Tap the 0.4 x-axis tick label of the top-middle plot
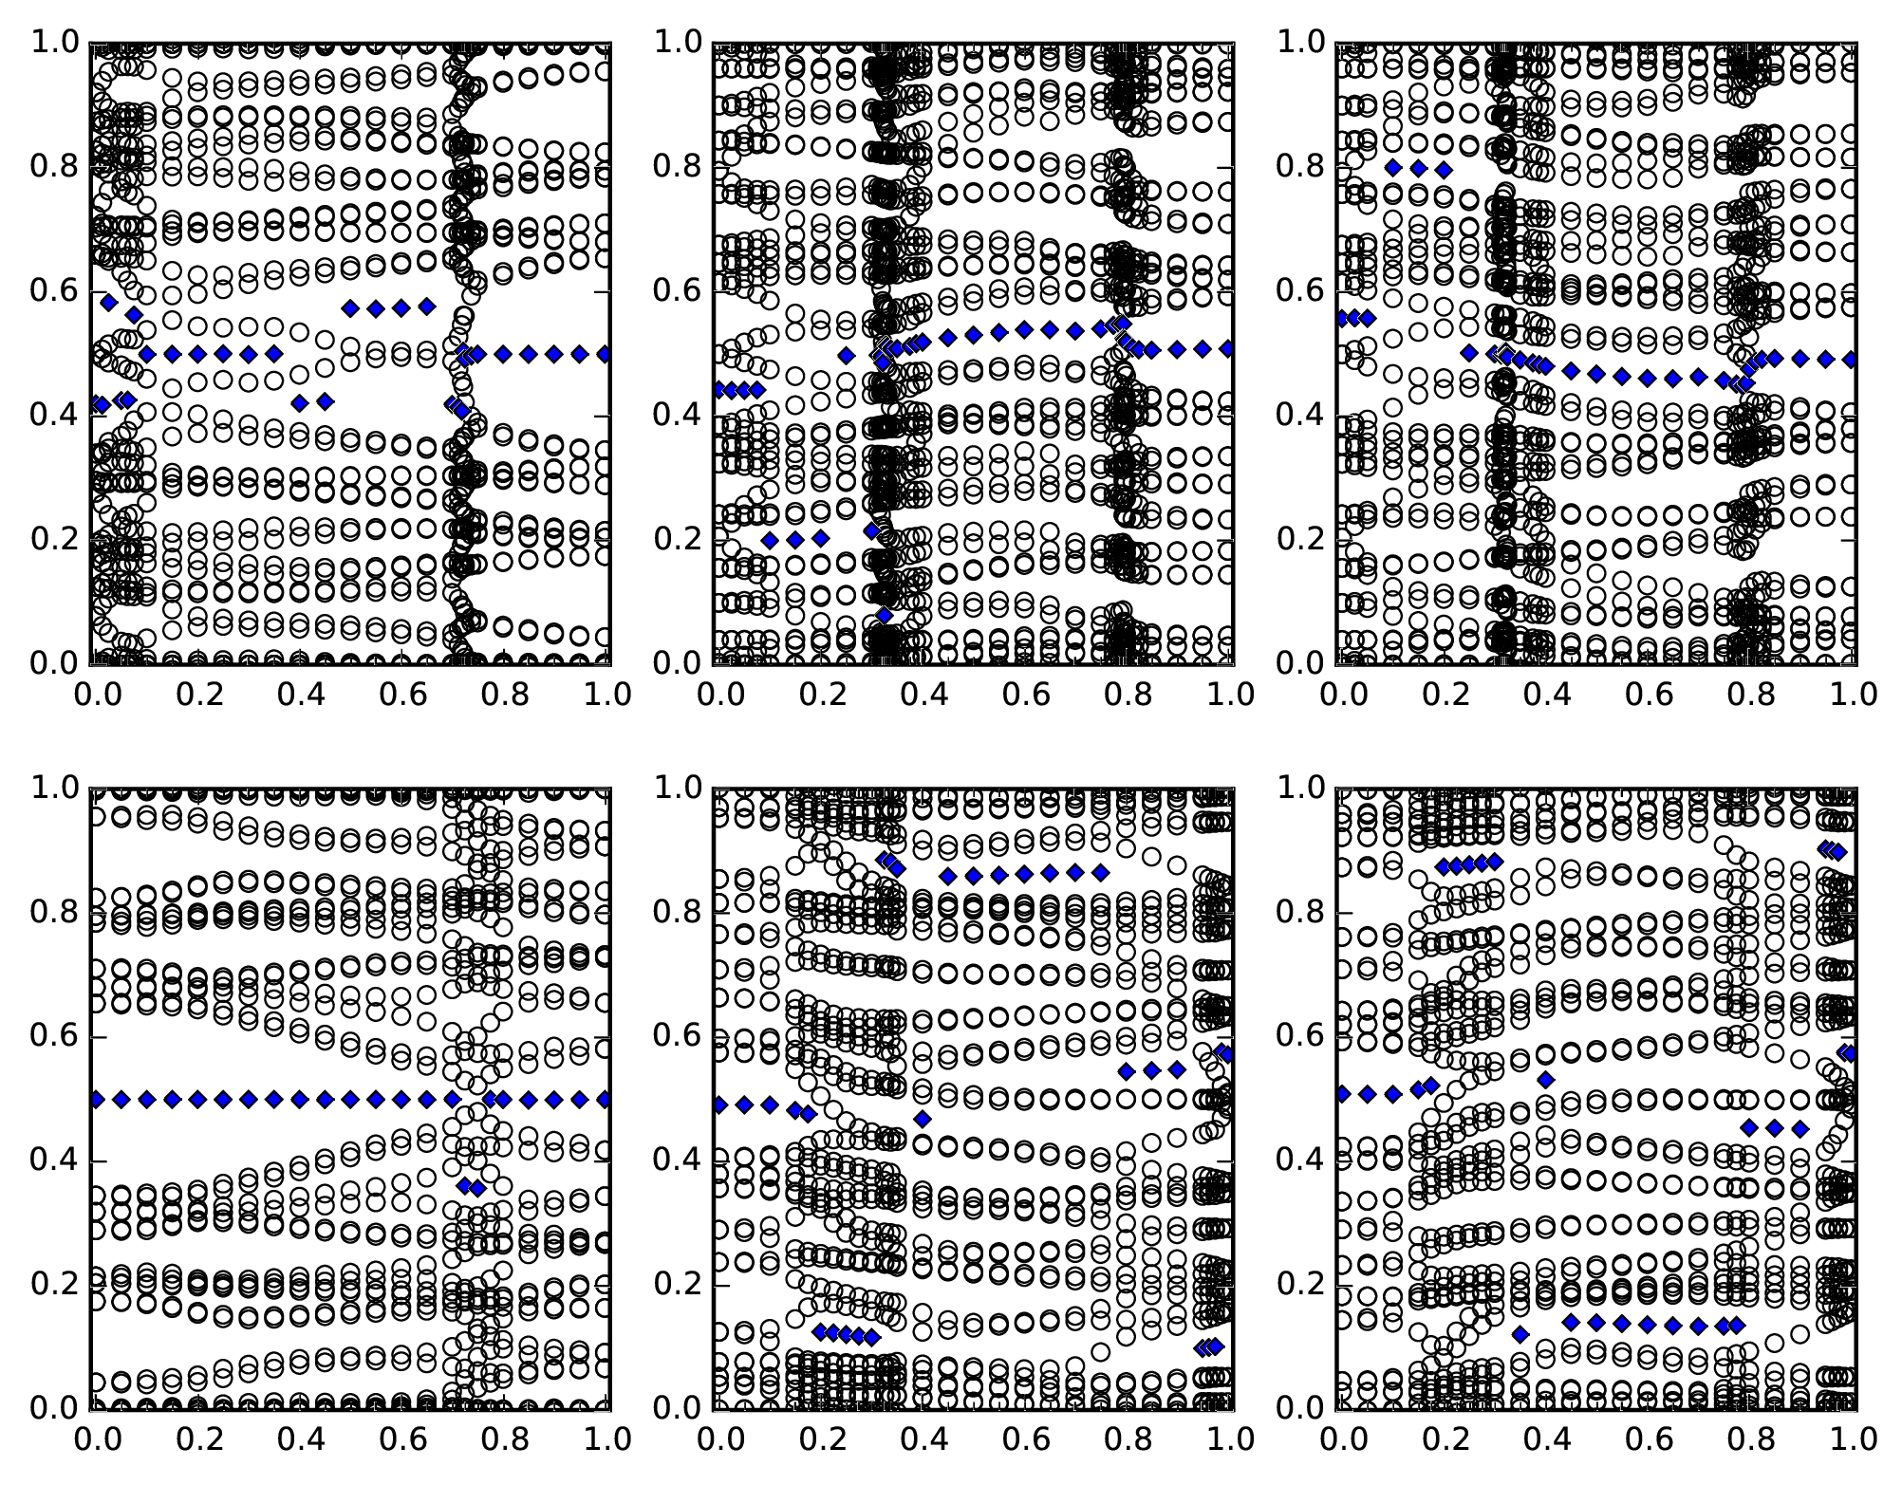tap(921, 695)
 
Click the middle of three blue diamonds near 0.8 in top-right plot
tap(1419, 169)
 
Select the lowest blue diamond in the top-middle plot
tap(885, 615)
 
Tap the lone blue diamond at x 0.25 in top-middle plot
tap(846, 356)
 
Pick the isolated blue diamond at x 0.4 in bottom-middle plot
tap(922, 1120)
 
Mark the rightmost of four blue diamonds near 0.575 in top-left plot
tap(426, 306)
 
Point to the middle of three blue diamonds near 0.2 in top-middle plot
tap(795, 540)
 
